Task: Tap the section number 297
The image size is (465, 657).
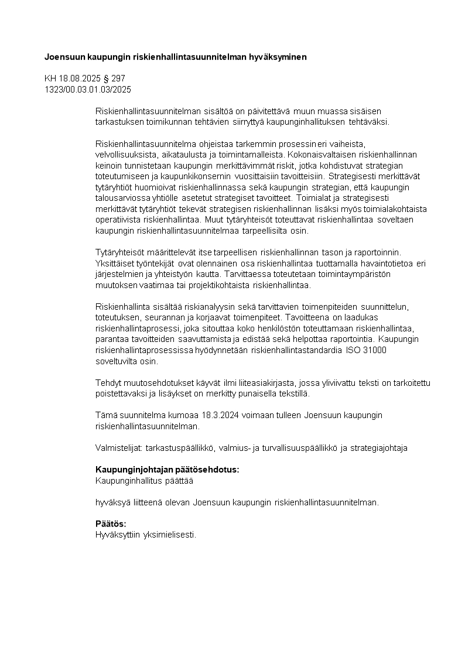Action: click(x=118, y=78)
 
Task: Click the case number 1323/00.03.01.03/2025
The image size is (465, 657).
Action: click(x=88, y=90)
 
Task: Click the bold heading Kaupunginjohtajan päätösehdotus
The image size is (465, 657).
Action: click(x=167, y=470)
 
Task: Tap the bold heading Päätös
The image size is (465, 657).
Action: click(x=110, y=524)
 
